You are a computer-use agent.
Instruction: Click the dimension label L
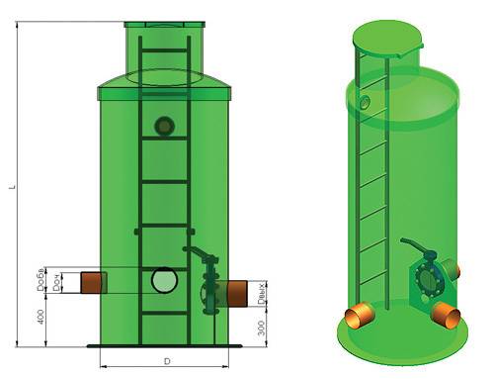[13, 188]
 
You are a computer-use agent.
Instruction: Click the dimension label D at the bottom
[167, 360]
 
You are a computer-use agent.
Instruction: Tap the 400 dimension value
[41, 319]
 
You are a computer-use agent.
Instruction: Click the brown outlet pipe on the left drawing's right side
[236, 292]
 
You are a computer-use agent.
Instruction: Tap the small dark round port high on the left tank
[165, 126]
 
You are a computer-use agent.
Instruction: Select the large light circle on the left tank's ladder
[165, 281]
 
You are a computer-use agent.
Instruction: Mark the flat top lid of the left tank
[166, 24]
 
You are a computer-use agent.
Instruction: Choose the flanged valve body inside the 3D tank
[429, 279]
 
